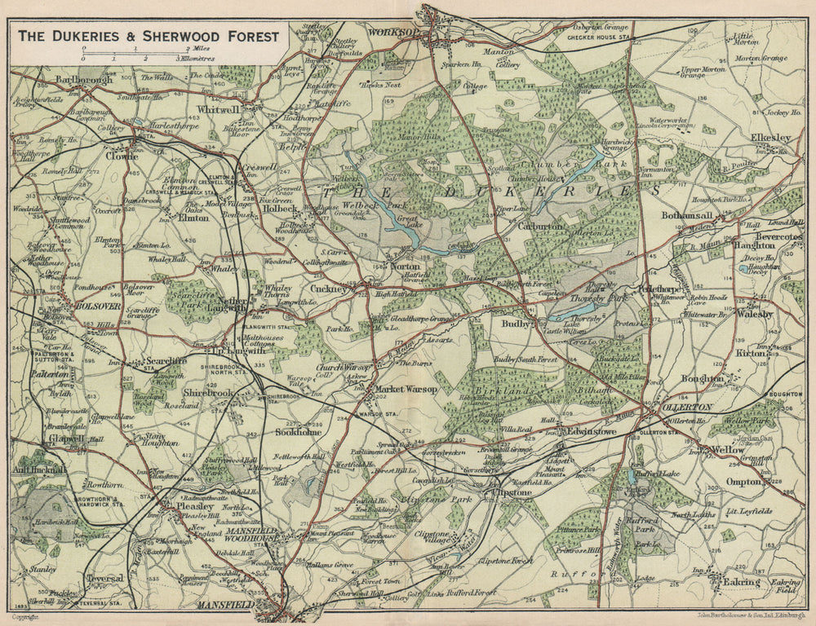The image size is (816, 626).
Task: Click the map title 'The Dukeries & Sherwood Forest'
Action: tap(148, 36)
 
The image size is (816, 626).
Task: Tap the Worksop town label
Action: tap(393, 32)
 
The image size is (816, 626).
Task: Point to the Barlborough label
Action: tap(84, 81)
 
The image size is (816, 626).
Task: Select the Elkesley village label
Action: tap(771, 139)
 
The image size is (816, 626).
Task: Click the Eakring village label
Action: tap(740, 582)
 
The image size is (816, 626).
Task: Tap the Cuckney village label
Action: tap(330, 289)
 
